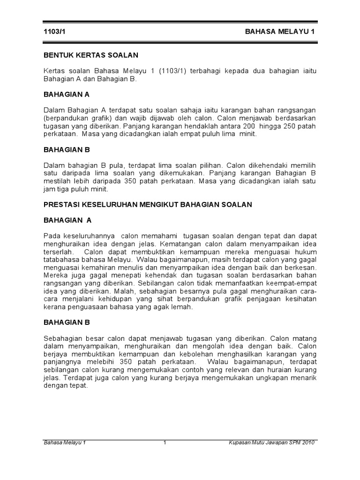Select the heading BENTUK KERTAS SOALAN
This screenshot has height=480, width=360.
coord(90,55)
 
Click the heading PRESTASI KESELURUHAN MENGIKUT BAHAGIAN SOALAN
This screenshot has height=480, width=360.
coord(148,204)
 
